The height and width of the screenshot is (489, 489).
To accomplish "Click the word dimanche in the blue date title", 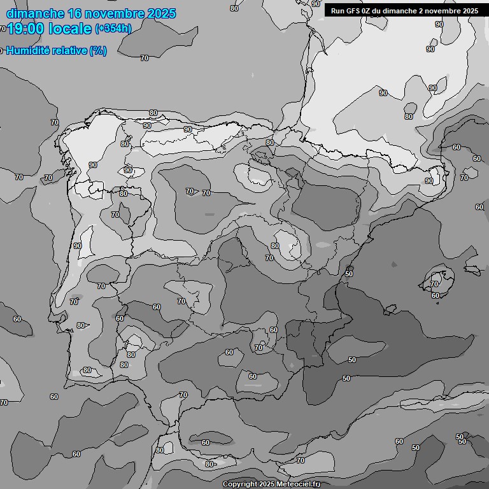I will point(35,13).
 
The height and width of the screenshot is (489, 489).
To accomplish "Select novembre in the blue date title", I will point(117,13).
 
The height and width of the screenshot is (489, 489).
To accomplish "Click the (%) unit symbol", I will point(98,50).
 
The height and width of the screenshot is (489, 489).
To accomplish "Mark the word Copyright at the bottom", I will point(239,485).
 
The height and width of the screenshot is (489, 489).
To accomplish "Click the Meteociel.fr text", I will point(299,485).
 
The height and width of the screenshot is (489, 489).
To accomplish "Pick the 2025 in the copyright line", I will point(267,485).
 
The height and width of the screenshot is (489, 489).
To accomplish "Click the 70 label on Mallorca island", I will point(434,284).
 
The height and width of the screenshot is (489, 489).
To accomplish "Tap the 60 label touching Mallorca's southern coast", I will point(436,295).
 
